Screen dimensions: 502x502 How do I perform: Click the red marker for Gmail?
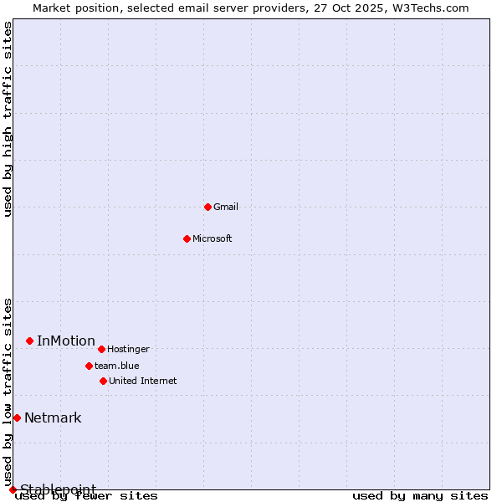coord(207,207)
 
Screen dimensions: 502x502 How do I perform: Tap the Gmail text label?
coord(226,207)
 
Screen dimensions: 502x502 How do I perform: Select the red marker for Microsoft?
coord(187,238)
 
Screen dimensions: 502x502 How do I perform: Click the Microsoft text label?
coord(213,239)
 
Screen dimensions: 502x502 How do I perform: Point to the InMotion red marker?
coord(29,341)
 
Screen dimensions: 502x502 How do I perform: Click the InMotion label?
coord(66,341)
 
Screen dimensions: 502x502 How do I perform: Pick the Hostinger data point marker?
coord(101,349)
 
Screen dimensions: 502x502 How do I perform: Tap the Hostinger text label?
coord(129,350)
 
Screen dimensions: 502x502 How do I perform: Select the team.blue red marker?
coord(89,366)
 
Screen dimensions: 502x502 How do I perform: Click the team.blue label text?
coord(117,366)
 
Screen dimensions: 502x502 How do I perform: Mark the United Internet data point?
coord(103,381)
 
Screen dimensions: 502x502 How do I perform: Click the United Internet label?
coord(143,382)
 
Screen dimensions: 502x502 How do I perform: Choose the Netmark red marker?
coord(17,417)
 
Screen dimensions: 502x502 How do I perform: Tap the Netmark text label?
coord(53,418)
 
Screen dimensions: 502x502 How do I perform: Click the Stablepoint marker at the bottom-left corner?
coord(13,489)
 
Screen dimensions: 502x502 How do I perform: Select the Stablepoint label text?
coord(58,489)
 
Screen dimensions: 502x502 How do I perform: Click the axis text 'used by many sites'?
coord(420,496)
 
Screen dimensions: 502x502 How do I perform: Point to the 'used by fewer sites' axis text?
coord(87,496)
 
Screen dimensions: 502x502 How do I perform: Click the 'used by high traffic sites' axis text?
coord(8,119)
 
